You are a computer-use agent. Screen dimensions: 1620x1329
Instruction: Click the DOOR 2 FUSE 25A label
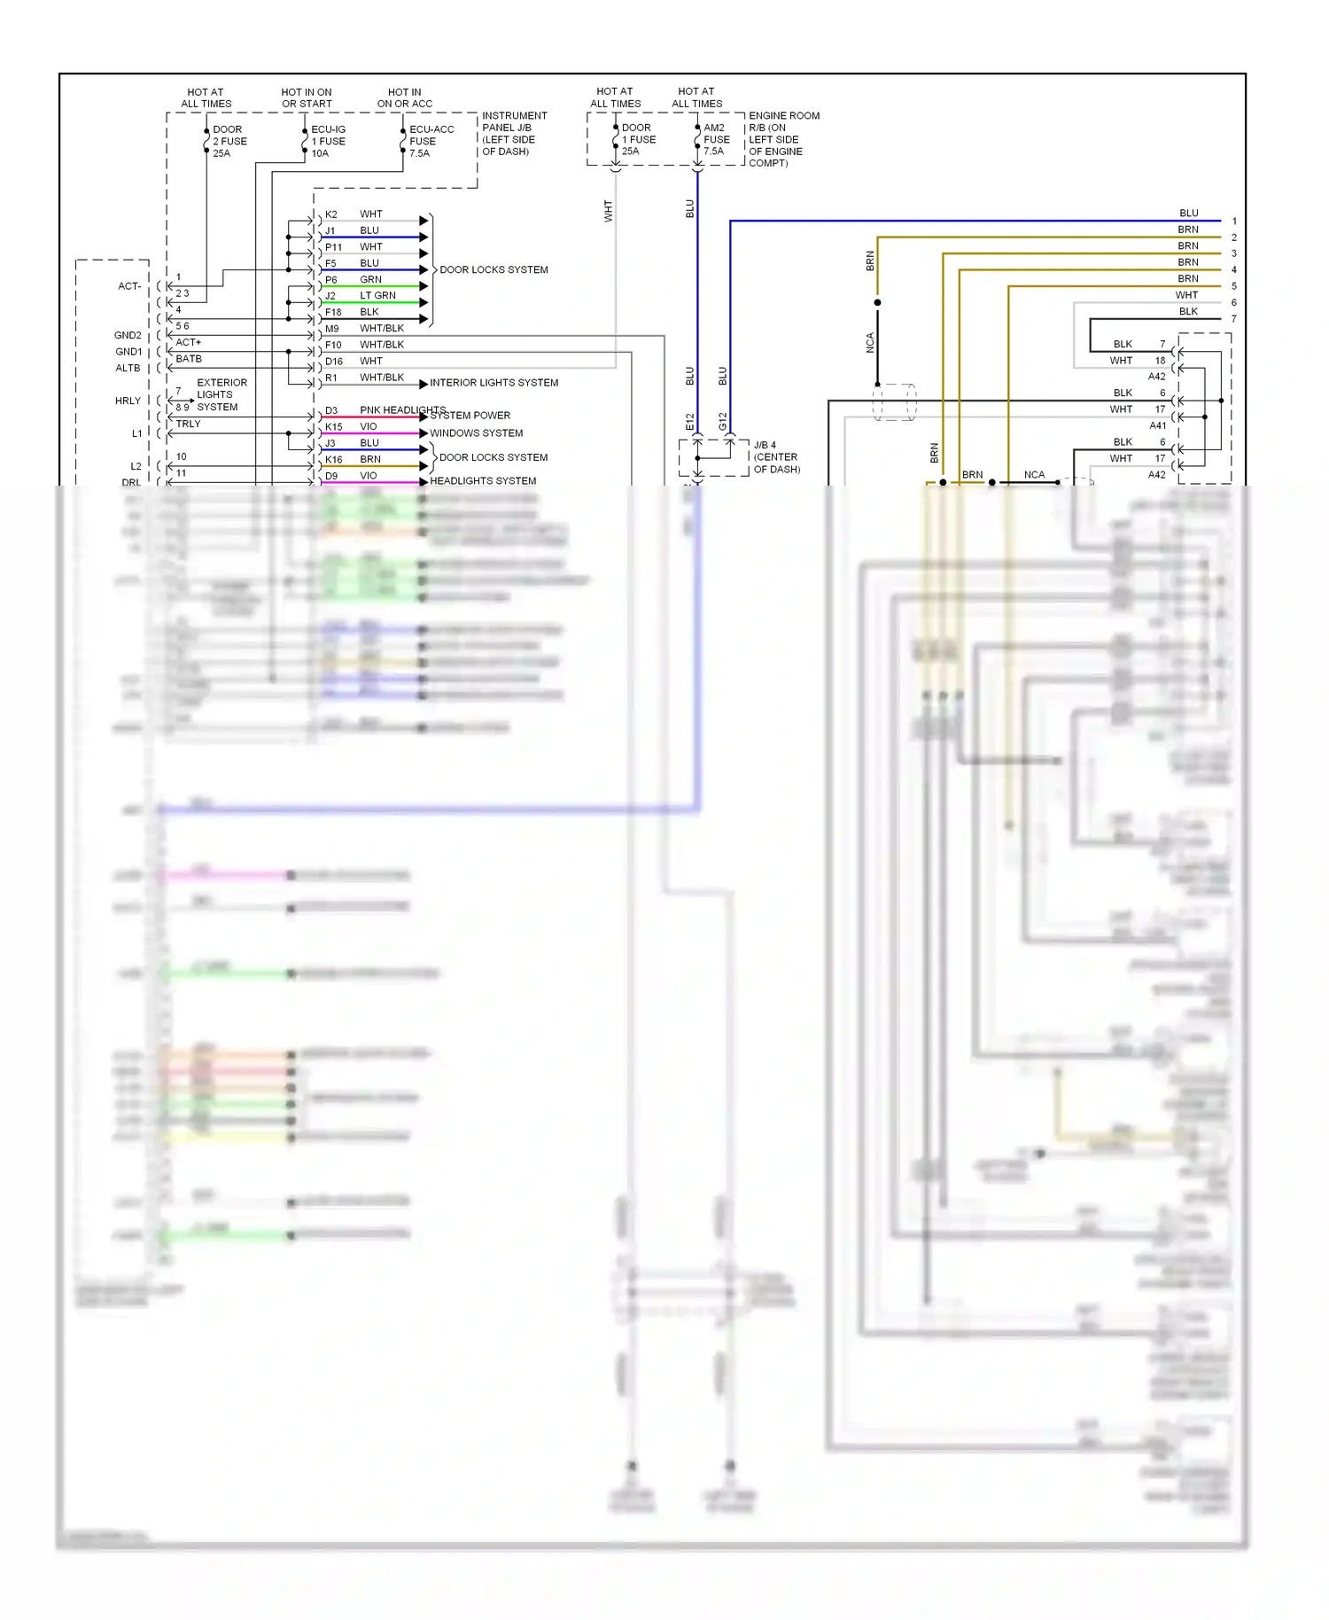pos(229,141)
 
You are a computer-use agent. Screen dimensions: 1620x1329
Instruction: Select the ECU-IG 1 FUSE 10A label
pos(328,141)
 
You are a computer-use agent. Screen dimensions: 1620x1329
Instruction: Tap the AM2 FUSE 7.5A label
pos(716,139)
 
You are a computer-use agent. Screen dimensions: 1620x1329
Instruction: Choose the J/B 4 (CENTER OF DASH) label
pos(776,457)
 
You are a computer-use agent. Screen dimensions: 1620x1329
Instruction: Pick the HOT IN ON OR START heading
pos(307,97)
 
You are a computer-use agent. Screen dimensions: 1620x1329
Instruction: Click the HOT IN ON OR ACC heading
pos(405,97)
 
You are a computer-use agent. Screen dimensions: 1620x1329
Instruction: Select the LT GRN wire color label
pos(377,295)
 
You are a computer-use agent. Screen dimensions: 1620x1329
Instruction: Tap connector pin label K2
pos(331,214)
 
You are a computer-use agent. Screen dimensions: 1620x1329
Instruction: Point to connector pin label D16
pos(333,362)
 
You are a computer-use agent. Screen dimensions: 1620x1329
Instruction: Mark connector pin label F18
pos(333,312)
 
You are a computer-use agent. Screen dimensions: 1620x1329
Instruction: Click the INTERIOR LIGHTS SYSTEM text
pos(494,383)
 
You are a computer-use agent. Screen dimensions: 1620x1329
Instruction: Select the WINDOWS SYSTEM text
pos(476,433)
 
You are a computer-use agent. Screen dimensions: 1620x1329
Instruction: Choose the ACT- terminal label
pos(129,286)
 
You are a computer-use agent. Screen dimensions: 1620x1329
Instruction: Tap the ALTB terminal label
pos(128,368)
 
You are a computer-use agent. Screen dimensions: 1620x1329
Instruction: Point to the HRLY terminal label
pos(128,401)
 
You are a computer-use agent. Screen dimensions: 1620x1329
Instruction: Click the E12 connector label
pos(690,422)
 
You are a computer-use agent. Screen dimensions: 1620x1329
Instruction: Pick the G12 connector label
pos(723,422)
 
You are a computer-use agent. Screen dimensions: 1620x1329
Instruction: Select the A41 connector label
pos(1157,425)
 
